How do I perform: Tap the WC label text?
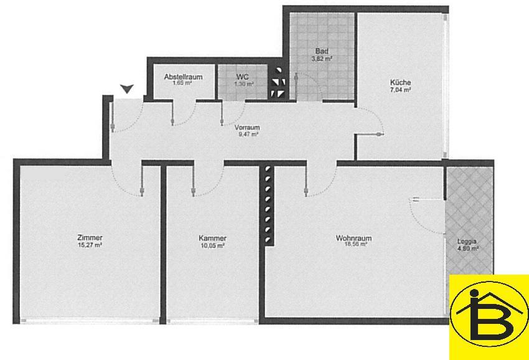(x=243, y=77)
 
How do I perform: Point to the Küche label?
(x=400, y=82)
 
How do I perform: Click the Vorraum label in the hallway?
(x=247, y=127)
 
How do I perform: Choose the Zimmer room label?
(x=90, y=237)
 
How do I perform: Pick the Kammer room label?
(x=212, y=238)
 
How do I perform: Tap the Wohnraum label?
(x=353, y=238)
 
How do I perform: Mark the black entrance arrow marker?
(x=127, y=88)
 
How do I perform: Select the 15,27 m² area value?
(x=90, y=245)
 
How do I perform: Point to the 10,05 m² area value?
(x=212, y=245)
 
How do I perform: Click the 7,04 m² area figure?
(x=400, y=90)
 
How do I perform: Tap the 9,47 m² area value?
(x=247, y=134)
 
